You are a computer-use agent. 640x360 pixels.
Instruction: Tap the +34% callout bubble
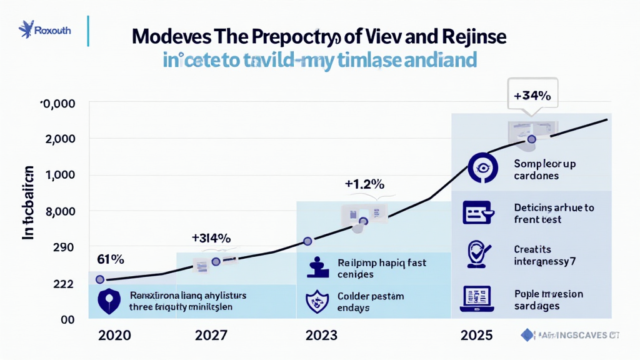pos(531,96)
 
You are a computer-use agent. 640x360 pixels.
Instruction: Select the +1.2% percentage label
pos(364,184)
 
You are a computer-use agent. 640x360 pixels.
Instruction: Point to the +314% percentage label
pos(211,238)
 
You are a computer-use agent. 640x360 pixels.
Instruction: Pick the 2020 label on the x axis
pos(114,335)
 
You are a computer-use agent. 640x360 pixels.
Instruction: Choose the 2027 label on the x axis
pos(211,335)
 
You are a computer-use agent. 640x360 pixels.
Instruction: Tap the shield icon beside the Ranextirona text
pos(109,301)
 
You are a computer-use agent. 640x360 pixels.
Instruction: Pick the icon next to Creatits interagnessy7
pos(478,255)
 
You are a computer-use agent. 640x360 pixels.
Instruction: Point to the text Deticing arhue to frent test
pos(554,213)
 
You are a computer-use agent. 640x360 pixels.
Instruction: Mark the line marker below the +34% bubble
pos(531,139)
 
